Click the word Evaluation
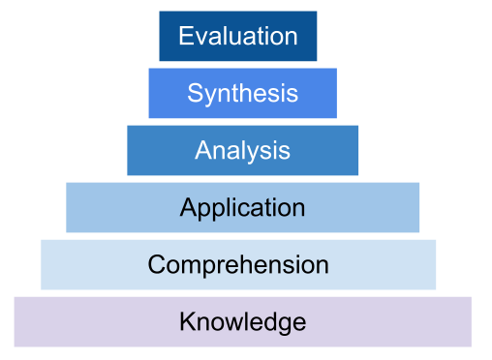237,37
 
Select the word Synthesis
242,94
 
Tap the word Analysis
242,150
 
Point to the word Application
242,207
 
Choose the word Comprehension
238,264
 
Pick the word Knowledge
242,321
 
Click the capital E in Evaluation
185,37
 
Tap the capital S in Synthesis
194,94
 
